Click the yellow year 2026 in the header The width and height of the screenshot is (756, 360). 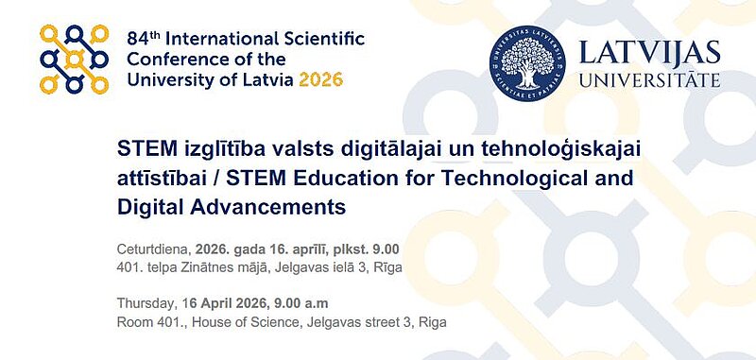320,79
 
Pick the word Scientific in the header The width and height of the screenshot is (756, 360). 321,40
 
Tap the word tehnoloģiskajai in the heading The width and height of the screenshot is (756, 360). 543,150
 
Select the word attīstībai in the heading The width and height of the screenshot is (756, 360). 160,177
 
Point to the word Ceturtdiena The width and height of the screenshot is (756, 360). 152,249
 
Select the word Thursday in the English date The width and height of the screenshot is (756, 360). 146,303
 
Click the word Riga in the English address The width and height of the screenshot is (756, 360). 432,322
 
